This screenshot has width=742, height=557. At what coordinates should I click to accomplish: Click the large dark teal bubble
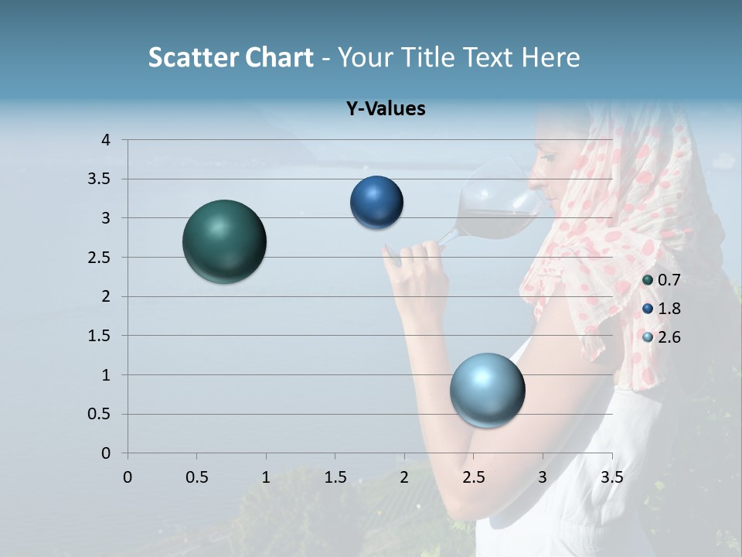point(224,241)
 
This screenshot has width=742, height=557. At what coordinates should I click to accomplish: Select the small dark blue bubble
point(376,202)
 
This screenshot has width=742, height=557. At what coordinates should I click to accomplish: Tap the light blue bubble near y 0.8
point(487,390)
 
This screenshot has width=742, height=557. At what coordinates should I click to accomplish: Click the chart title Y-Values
point(386,109)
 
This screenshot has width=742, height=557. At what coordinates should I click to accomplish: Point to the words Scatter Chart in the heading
point(230,57)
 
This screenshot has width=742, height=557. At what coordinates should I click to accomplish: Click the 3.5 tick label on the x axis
point(611,477)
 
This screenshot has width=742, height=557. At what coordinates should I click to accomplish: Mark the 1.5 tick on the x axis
point(335,477)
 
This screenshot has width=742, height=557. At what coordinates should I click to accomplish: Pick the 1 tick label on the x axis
point(266,477)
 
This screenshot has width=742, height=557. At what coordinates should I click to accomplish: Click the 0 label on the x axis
point(128,477)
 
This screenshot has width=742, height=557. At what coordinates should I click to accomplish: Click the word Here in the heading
point(550,57)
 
